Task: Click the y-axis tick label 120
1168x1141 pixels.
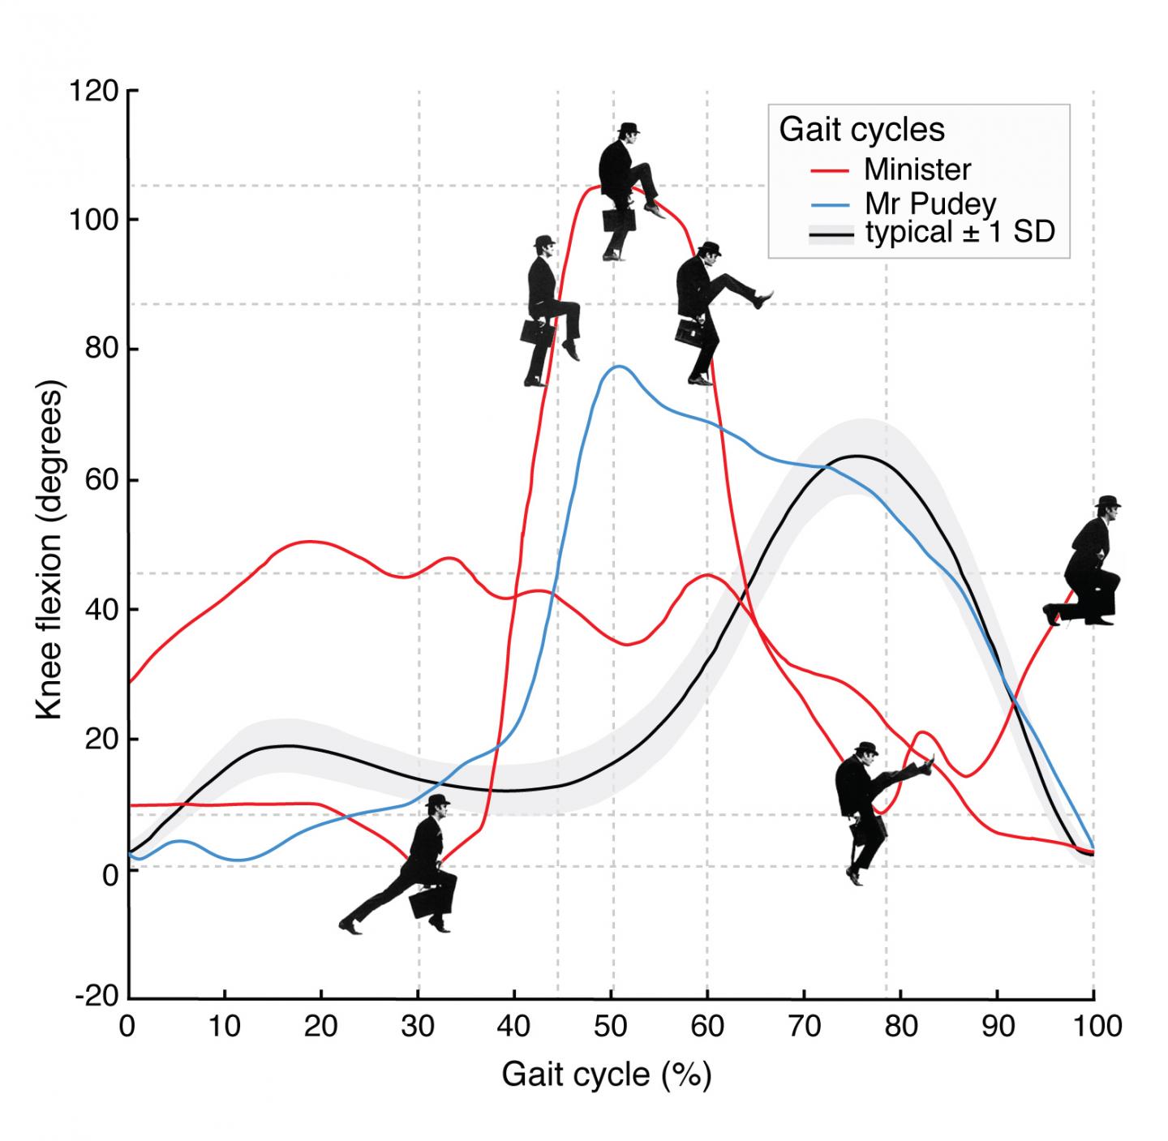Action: point(94,90)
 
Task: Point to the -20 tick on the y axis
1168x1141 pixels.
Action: point(96,997)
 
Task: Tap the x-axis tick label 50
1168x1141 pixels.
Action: point(611,1027)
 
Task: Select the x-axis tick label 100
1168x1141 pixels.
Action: point(1093,1027)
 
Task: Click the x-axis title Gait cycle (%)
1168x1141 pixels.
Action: point(606,1075)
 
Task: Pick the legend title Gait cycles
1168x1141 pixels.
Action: point(861,130)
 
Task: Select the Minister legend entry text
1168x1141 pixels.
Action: point(917,169)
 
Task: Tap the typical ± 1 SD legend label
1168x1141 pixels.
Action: point(960,233)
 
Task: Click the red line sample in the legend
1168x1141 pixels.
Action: point(829,170)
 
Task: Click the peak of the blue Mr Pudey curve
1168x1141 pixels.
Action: point(619,366)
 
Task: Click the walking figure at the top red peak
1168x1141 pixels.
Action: point(626,191)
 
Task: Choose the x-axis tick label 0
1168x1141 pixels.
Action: point(127,1027)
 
